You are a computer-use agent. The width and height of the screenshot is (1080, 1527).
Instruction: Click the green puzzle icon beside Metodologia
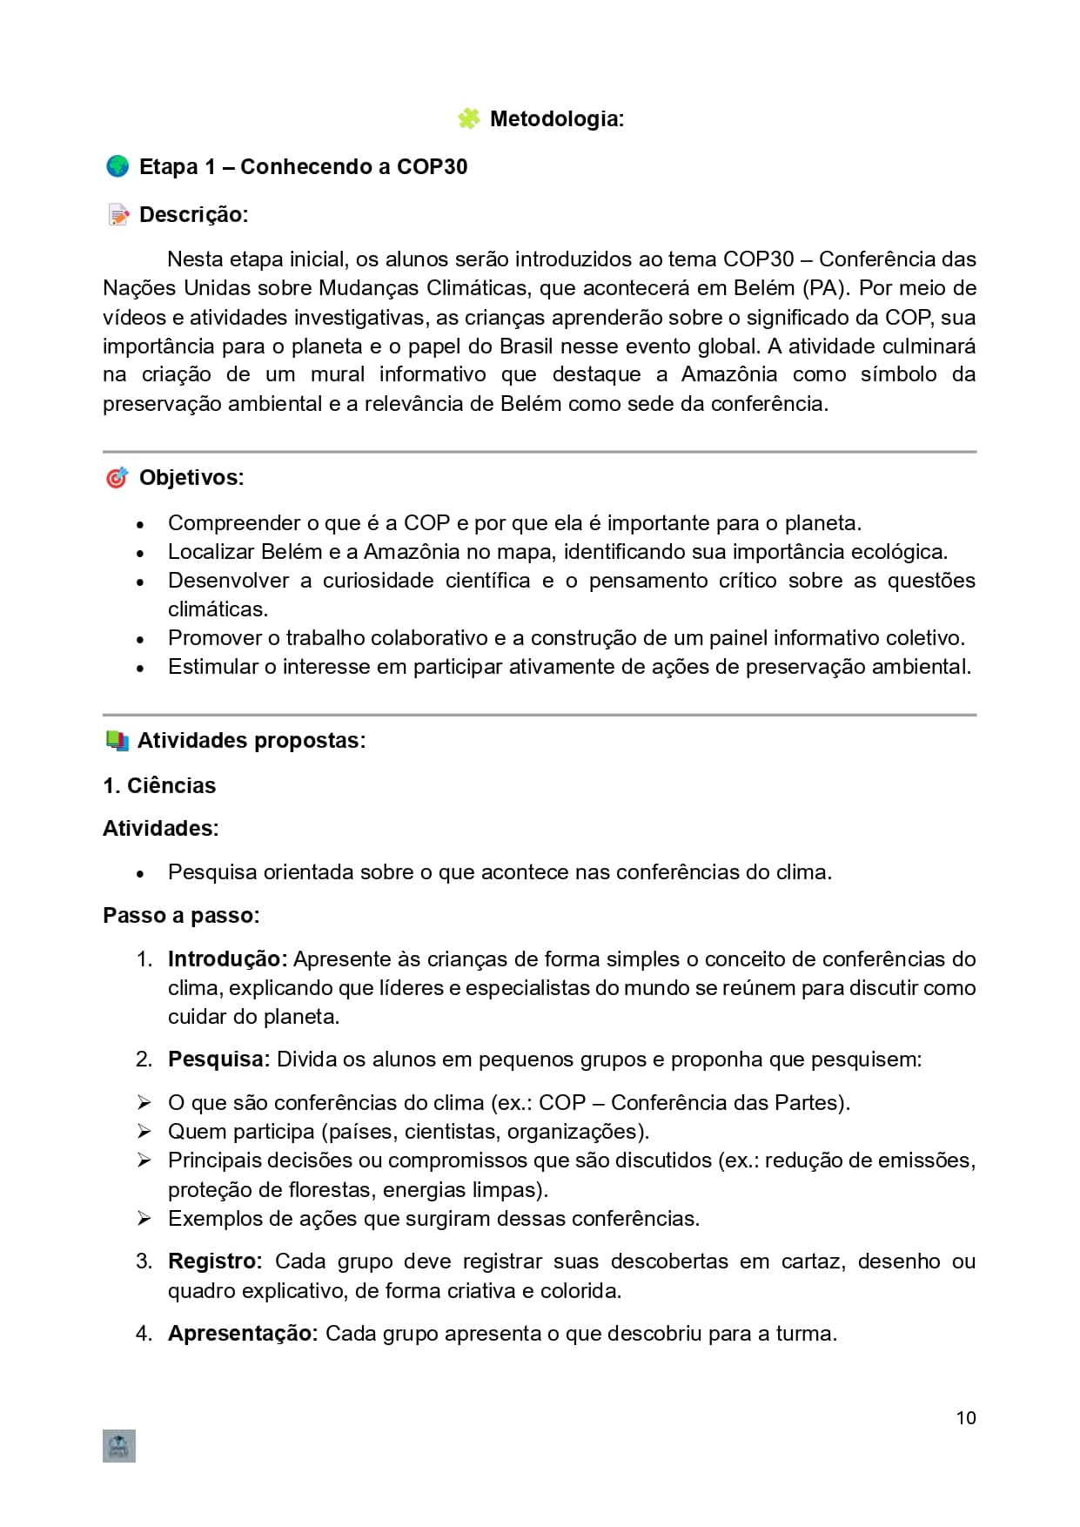click(468, 118)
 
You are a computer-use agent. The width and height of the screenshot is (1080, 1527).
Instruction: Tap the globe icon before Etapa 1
click(117, 166)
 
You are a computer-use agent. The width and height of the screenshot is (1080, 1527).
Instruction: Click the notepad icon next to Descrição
click(117, 214)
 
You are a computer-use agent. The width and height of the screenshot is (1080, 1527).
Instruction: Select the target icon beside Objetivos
click(117, 477)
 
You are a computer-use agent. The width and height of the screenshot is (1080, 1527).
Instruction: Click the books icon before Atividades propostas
click(117, 741)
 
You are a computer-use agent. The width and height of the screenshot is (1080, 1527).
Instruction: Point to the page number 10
click(966, 1418)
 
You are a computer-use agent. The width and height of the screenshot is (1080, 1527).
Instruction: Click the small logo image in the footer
click(119, 1446)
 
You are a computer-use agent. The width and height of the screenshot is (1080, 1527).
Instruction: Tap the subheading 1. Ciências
click(159, 785)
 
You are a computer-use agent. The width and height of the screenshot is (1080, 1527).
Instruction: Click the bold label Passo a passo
click(180, 915)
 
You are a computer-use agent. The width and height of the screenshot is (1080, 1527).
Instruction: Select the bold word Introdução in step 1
click(226, 959)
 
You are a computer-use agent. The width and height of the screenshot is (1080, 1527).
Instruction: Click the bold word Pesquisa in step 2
click(218, 1059)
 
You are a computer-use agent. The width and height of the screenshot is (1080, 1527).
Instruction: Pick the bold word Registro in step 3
click(214, 1261)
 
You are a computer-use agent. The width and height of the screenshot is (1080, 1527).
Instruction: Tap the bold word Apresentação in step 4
click(243, 1333)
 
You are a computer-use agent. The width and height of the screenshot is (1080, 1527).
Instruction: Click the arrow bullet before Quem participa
click(144, 1131)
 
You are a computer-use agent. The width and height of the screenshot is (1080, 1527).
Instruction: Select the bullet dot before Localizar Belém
click(140, 553)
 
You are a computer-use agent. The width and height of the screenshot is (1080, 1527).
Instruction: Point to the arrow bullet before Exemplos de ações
click(144, 1218)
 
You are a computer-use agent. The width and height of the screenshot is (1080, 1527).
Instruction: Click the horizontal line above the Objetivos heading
click(540, 452)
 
